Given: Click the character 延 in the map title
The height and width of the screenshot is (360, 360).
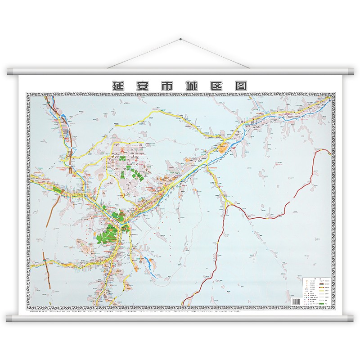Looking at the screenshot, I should [118, 85].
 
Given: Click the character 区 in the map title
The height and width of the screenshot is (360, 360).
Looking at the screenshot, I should [218, 85].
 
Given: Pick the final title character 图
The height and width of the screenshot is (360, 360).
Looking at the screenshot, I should [242, 85].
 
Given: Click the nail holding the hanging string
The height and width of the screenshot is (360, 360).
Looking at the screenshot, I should [180, 40].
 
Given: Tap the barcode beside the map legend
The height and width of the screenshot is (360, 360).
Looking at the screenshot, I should [296, 301].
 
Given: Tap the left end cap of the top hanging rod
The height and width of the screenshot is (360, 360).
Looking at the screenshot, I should [9, 72].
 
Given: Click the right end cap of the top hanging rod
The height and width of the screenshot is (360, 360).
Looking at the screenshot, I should [351, 72].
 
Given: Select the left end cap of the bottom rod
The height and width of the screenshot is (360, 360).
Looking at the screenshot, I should [9, 319].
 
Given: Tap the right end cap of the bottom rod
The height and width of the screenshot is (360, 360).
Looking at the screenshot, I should [351, 319].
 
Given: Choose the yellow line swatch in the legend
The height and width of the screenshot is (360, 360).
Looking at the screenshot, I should [321, 291].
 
